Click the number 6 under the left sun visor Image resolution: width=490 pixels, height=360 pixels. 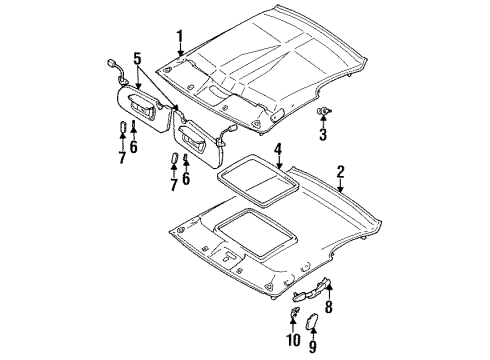click(x=134, y=147)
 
